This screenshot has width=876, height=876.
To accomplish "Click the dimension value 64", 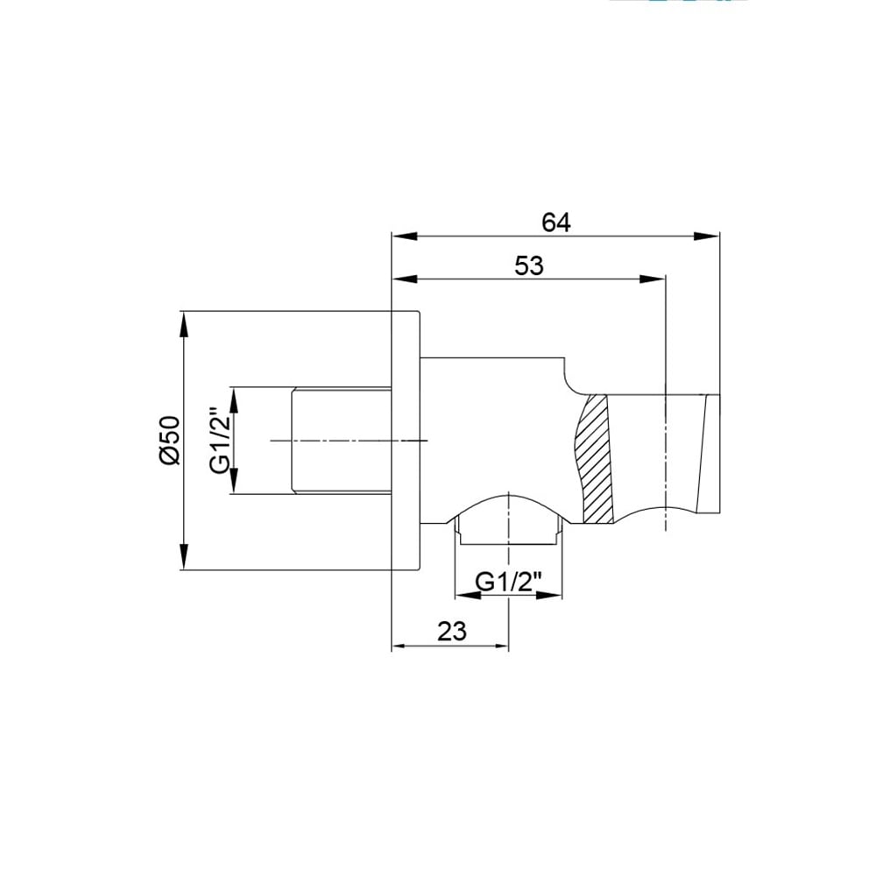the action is (x=556, y=223).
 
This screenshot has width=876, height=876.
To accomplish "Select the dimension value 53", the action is (x=528, y=266).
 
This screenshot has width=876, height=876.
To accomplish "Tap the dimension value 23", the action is (x=451, y=632).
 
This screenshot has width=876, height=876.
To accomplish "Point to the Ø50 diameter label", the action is (x=170, y=441).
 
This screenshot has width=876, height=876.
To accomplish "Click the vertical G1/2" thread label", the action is (x=221, y=441).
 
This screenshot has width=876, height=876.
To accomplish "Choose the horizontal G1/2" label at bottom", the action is (x=508, y=583).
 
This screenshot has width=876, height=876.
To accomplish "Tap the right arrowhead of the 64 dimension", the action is (x=707, y=237).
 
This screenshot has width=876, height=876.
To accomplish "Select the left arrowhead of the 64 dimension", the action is (x=405, y=237).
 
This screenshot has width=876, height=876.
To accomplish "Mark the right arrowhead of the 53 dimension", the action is (x=653, y=279).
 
